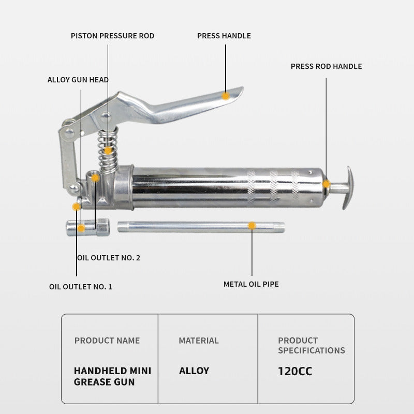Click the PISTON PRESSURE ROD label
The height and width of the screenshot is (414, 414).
coord(112,36)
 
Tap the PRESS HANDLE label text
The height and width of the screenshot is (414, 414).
coord(224,36)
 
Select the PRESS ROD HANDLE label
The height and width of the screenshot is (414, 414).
coord(326,66)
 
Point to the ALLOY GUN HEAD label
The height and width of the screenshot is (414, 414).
coord(78,80)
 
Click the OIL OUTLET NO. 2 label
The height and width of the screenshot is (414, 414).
coord(109,257)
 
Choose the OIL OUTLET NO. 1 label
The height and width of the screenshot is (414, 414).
coord(81,286)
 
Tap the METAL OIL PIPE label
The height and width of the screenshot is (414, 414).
coord(251,284)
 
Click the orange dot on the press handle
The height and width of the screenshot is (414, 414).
coord(226,96)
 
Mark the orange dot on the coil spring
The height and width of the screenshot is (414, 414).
coord(108,151)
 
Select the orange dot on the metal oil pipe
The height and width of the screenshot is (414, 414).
coord(252,226)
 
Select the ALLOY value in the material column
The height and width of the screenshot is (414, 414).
coord(194,371)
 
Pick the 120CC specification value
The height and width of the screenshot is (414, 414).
coord(295,371)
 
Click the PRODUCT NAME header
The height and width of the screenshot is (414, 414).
coord(107,341)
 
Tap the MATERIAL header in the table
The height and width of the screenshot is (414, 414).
coord(199,341)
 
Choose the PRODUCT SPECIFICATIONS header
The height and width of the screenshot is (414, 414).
coord(311,345)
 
